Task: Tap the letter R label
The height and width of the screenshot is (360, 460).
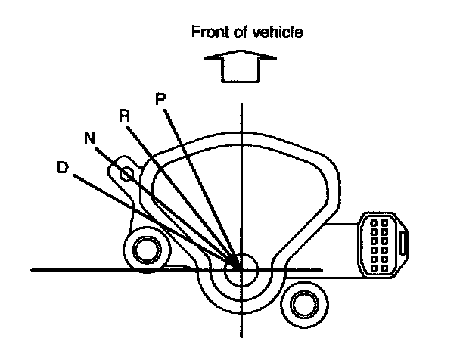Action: click(x=125, y=115)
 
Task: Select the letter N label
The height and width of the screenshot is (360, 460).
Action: click(x=89, y=138)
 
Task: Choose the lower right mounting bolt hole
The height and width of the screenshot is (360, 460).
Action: click(x=302, y=305)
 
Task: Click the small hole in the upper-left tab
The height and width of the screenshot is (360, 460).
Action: click(x=127, y=173)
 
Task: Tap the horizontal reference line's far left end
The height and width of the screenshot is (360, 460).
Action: click(x=34, y=268)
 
